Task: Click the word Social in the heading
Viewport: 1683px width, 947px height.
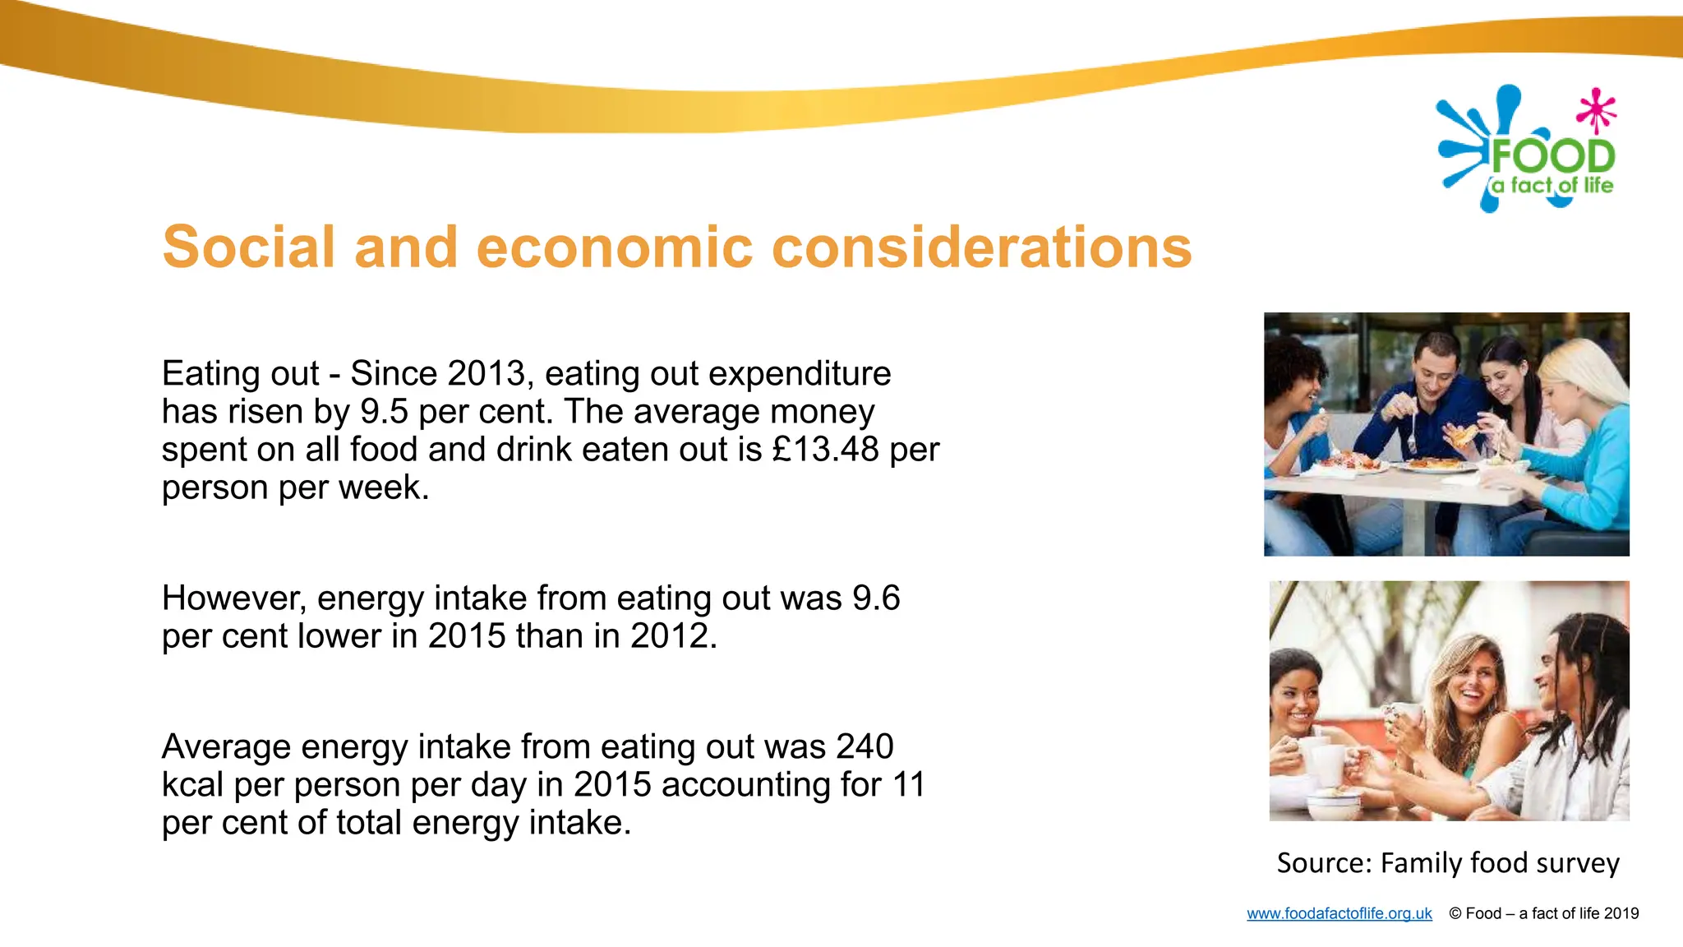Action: (249, 247)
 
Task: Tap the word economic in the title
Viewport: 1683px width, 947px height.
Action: (614, 247)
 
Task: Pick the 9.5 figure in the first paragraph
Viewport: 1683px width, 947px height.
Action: (384, 412)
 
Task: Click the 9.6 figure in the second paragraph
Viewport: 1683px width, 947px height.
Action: (876, 598)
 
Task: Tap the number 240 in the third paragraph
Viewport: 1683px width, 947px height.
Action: (865, 747)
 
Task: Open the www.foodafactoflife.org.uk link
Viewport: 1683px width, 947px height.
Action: (1339, 913)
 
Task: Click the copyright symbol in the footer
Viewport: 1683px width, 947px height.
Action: (1455, 913)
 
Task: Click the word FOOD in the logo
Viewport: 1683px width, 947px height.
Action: (1552, 156)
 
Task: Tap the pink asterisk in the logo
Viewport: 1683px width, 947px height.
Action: (1596, 110)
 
